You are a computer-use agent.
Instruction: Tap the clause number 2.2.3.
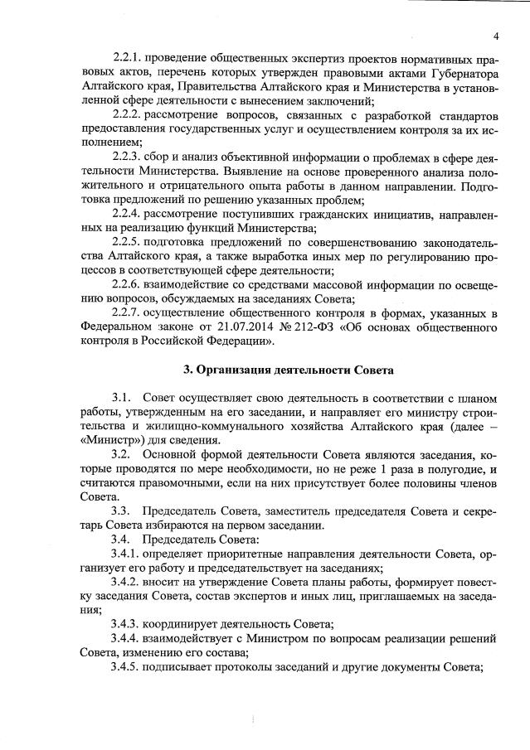pyautogui.click(x=127, y=155)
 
